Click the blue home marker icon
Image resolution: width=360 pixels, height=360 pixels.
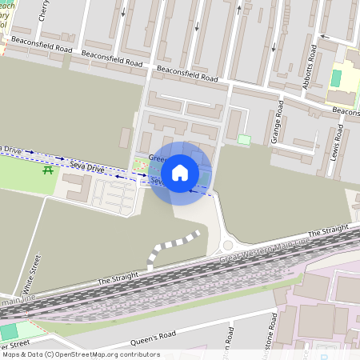180,173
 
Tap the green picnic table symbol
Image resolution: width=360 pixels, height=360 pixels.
49,170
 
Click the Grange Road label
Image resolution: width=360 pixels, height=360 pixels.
278,121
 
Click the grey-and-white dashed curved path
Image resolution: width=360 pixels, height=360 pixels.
168,246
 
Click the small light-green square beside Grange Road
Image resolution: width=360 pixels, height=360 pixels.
244,139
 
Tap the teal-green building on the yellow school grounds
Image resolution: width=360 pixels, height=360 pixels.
336,78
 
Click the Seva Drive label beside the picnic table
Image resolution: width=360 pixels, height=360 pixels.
87,166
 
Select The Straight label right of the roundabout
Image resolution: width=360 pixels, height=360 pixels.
328,231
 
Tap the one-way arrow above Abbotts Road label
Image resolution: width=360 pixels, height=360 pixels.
324,36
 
